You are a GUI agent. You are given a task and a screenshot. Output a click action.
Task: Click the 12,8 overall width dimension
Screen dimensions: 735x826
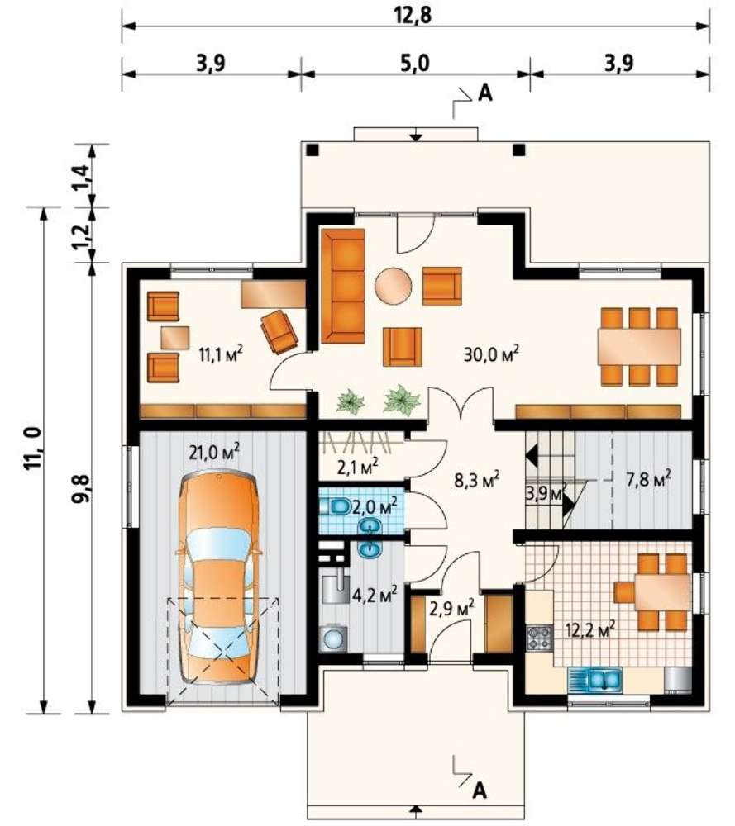pos(413,15)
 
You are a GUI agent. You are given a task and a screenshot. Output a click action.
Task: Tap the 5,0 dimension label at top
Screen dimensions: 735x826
pos(414,63)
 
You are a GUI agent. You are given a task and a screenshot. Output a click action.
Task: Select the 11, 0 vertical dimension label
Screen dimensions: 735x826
pos(33,449)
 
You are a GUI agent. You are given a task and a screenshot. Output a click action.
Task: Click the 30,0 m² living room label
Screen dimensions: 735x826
pos(491,354)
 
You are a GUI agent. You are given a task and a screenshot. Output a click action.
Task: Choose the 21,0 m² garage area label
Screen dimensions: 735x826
pos(214,452)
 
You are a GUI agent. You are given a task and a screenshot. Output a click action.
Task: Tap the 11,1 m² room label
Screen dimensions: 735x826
pos(221,353)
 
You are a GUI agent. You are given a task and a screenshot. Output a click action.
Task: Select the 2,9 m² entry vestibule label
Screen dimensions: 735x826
pos(451,608)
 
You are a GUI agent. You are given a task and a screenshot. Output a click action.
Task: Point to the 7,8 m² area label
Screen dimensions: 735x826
pos(648,479)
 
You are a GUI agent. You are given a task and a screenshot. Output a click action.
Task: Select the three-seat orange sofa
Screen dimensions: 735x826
pos(343,286)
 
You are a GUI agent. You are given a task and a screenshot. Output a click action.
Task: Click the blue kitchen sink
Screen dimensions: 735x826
pos(594,680)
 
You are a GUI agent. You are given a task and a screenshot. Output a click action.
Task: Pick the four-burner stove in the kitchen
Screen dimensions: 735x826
pos(539,637)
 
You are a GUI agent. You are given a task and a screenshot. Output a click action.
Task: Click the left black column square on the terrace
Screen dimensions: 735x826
pos(313,150)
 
